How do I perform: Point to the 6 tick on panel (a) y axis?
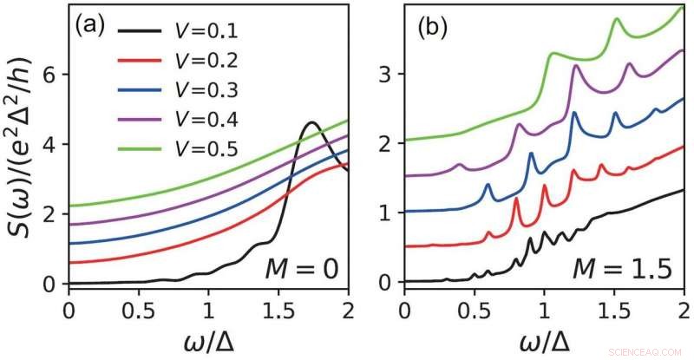[x=50, y=75]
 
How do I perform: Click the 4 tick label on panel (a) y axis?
[x=50, y=144]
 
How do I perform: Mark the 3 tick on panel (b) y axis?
[x=387, y=75]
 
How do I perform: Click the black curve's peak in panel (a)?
[x=311, y=123]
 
